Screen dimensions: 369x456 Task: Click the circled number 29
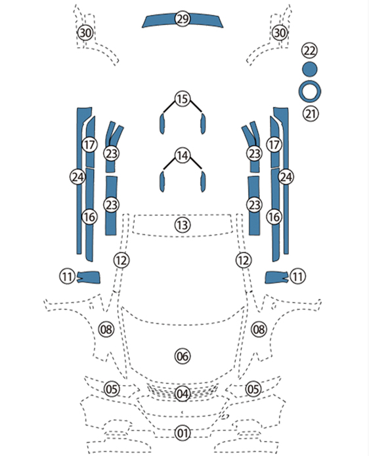[183, 19]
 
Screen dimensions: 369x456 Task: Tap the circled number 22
[309, 51]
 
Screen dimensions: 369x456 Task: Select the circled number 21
[311, 114]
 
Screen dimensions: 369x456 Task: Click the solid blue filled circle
[309, 69]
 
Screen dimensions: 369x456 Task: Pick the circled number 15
[183, 99]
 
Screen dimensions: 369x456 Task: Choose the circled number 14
[183, 155]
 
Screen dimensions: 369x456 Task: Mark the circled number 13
[183, 225]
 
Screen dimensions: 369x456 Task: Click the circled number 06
[183, 356]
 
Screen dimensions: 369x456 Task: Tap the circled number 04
[183, 394]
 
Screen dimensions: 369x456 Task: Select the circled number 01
[183, 433]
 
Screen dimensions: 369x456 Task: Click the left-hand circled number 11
[67, 276]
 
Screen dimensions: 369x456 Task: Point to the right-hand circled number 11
[297, 276]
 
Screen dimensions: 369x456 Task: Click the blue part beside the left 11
[89, 277]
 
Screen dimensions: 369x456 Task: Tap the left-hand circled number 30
[85, 33]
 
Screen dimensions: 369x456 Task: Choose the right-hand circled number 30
[280, 33]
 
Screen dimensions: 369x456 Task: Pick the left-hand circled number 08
[106, 329]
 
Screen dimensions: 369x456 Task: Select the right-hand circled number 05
[253, 389]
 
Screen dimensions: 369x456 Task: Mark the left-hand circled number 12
[121, 260]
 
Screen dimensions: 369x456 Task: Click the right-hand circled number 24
[286, 176]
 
